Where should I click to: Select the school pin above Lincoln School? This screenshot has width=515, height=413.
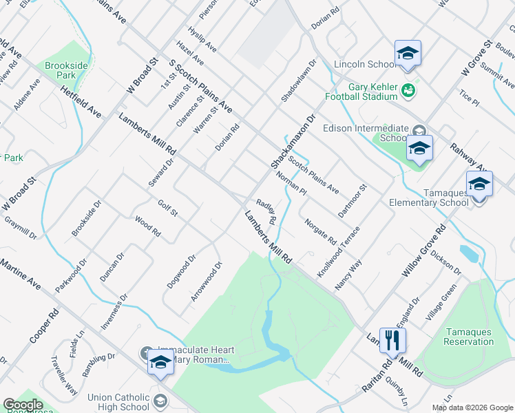coord(408,54)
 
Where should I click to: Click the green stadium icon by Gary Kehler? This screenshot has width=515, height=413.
coord(408,89)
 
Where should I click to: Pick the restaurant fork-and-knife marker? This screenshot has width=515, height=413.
coord(392,340)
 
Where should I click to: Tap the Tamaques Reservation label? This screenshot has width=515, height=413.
coord(469,337)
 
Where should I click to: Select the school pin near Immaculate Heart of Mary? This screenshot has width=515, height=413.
coord(160,361)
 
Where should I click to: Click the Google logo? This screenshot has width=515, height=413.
coord(23,405)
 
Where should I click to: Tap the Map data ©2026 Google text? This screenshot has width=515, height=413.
coord(473,407)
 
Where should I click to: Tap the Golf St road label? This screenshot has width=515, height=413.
coord(168,207)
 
